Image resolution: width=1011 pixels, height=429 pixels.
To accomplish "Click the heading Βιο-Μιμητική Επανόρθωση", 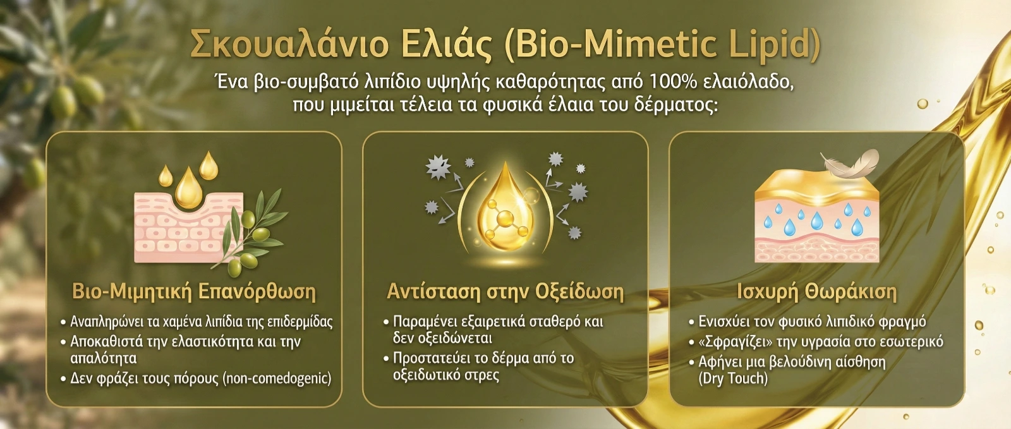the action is click(194, 292).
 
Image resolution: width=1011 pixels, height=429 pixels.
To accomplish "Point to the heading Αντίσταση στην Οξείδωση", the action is click(505, 292).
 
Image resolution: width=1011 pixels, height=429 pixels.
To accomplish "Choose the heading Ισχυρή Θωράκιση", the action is click(816, 292).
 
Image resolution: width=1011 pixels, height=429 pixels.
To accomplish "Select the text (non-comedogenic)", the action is click(277, 378).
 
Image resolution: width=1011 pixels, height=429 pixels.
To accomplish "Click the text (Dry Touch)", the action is click(733, 378).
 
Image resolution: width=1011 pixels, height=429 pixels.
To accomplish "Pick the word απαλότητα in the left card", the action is click(104, 359).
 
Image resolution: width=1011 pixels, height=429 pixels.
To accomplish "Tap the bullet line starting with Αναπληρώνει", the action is click(197, 322).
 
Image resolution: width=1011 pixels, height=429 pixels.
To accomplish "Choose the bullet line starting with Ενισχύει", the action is click(808, 322).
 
